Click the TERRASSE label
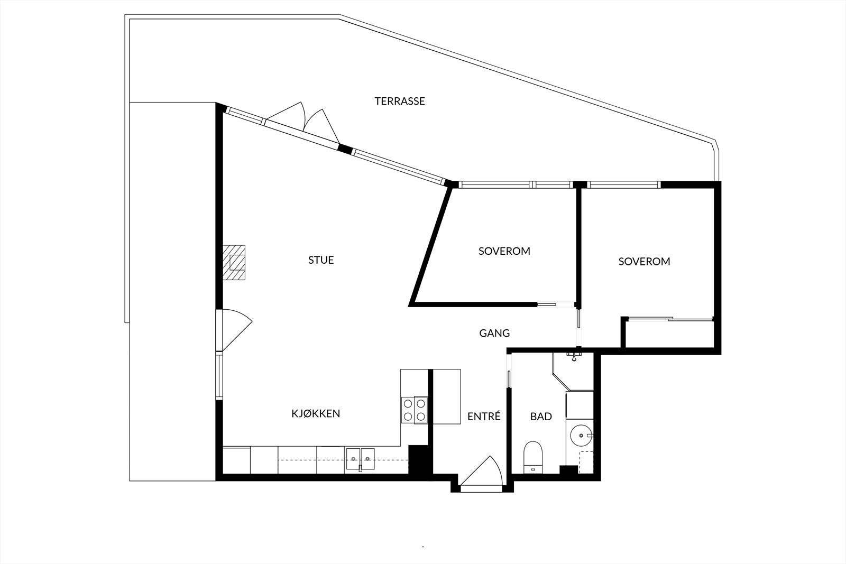pyautogui.click(x=400, y=101)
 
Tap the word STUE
pyautogui.click(x=321, y=260)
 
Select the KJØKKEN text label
pyautogui.click(x=316, y=413)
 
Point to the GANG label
pyautogui.click(x=494, y=333)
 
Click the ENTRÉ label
pyautogui.click(x=484, y=417)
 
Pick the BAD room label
pyautogui.click(x=541, y=417)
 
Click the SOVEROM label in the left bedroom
pyautogui.click(x=504, y=251)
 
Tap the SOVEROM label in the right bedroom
pyautogui.click(x=644, y=261)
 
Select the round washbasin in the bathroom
pyautogui.click(x=582, y=436)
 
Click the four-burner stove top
pyautogui.click(x=414, y=410)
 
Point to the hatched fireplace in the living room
pyautogui.click(x=234, y=262)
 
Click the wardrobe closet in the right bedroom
pyautogui.click(x=669, y=333)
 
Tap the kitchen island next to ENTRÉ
pyautogui.click(x=447, y=396)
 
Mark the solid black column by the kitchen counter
pyautogui.click(x=421, y=460)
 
